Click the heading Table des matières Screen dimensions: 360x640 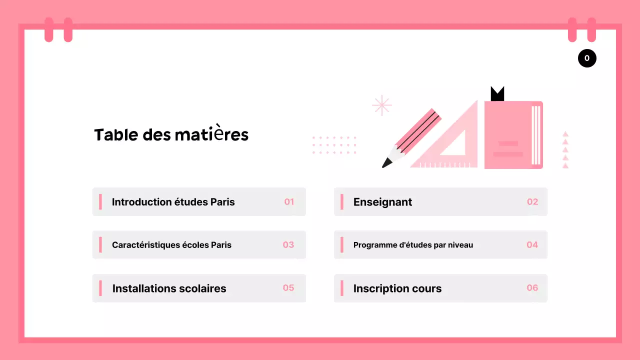171,135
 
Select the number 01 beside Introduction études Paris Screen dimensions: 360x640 289,202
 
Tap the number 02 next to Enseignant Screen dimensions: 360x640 532,202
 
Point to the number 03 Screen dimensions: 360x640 288,245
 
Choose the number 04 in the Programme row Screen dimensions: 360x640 532,245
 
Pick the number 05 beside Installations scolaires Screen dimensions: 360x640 288,288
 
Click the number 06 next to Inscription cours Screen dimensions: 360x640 532,288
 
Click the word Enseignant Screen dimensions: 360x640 382,202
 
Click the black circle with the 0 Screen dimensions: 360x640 587,58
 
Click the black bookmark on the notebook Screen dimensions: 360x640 497,94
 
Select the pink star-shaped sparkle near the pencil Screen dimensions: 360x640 382,105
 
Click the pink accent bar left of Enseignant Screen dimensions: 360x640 342,202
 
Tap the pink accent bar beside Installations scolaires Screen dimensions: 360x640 100,288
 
